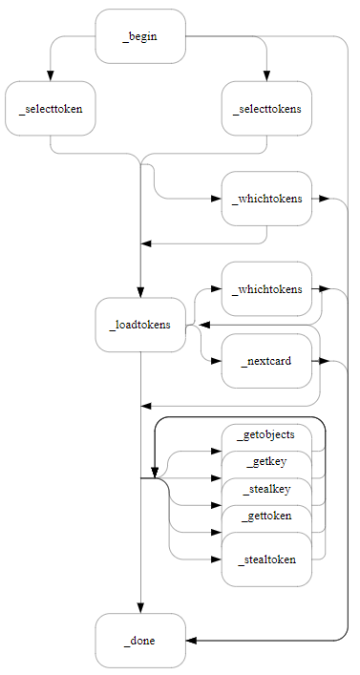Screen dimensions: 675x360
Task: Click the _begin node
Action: [140, 36]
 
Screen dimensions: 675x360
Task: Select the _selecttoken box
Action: [50, 108]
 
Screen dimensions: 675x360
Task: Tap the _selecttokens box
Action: [266, 108]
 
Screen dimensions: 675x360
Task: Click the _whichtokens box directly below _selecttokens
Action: [266, 199]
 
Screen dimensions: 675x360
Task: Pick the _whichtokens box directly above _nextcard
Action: [266, 288]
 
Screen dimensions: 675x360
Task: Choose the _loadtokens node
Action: [140, 325]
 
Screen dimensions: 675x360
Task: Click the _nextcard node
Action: [266, 361]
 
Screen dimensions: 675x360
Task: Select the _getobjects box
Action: [266, 434]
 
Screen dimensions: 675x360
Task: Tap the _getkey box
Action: [266, 462]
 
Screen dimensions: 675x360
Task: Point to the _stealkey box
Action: [266, 490]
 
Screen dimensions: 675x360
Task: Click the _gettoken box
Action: [266, 517]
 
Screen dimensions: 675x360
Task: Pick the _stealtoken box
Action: [266, 559]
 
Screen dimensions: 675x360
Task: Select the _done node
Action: [140, 640]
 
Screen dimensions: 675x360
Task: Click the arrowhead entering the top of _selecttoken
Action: [50, 75]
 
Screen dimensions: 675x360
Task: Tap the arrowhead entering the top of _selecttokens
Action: [266, 75]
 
